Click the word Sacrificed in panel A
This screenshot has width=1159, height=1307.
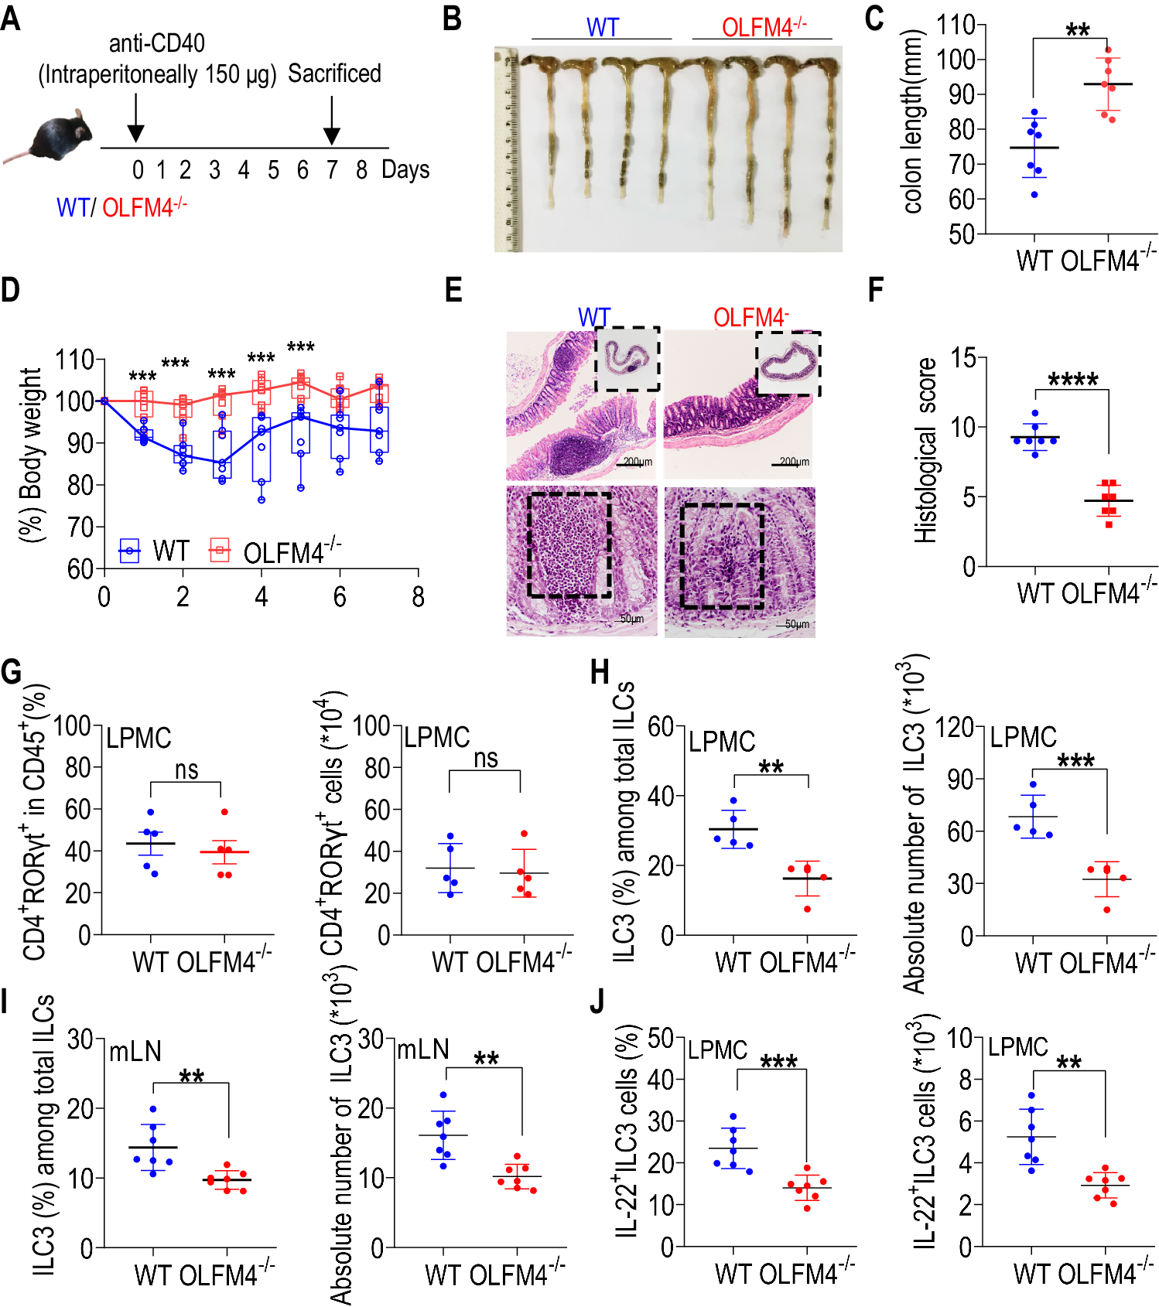[334, 73]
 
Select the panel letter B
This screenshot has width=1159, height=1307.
[453, 19]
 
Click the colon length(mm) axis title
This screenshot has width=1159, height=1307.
[914, 121]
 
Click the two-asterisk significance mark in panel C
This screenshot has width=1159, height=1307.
[1077, 31]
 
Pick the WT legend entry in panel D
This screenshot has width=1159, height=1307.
[154, 551]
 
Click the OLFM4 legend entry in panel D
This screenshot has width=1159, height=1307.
[275, 551]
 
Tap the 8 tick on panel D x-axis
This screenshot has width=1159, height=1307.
[418, 597]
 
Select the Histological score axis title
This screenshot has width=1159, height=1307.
[925, 450]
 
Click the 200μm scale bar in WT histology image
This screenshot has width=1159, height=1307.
[636, 462]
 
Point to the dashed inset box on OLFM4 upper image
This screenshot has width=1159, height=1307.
[788, 363]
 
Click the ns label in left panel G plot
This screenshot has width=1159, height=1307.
[186, 770]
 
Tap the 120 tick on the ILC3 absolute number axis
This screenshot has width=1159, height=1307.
[953, 727]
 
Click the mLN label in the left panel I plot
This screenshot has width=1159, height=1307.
[135, 1052]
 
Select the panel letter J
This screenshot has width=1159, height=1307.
[597, 1002]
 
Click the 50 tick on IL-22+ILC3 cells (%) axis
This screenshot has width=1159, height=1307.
[660, 1037]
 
